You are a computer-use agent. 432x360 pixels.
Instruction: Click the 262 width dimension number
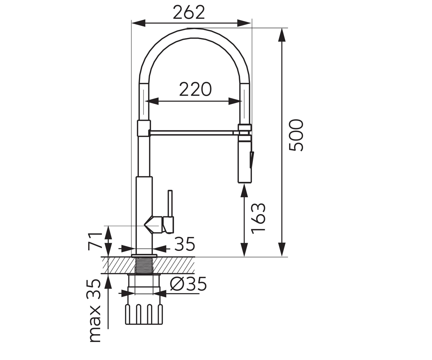pos(189,12)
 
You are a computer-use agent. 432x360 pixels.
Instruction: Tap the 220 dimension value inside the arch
pos(195,89)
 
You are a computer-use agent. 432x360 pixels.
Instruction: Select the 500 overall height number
pos(296,135)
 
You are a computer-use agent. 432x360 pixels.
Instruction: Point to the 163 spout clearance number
pos(258,219)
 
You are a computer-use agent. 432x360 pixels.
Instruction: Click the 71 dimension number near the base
pos(95,242)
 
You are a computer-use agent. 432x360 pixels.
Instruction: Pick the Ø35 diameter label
pos(188,284)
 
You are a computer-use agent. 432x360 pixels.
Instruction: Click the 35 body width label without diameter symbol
pos(185,244)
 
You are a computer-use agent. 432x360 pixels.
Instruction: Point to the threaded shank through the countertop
pos(144,265)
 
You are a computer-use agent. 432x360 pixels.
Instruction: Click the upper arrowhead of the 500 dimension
pos(282,35)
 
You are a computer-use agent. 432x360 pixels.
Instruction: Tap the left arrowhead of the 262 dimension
pos(138,23)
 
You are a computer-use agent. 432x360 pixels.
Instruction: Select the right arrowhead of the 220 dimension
pos(235,101)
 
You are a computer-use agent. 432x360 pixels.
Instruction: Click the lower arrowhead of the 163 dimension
pos(244,250)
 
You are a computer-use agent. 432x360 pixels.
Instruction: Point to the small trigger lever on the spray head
pos(252,159)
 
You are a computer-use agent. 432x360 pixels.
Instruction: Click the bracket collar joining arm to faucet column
pos(144,128)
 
